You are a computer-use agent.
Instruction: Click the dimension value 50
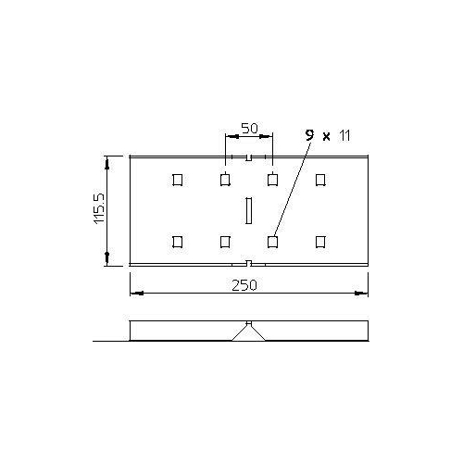tap(248, 127)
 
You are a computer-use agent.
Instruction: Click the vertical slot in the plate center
tap(248, 210)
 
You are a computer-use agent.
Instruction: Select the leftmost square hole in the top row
tap(177, 179)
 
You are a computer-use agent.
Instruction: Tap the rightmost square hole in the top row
tap(320, 179)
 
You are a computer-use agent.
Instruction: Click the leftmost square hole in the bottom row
tap(177, 242)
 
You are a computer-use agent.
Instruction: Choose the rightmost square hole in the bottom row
tap(320, 242)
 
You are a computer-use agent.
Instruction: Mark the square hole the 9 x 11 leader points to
tap(272, 242)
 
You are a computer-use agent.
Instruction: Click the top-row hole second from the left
tap(225, 179)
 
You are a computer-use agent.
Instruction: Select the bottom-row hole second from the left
tap(225, 242)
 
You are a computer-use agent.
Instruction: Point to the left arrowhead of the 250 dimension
tap(133, 294)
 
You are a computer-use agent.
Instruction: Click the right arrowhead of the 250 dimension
tap(364, 294)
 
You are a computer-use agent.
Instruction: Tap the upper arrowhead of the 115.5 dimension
tap(109, 162)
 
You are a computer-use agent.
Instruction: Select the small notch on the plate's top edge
tap(248, 157)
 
